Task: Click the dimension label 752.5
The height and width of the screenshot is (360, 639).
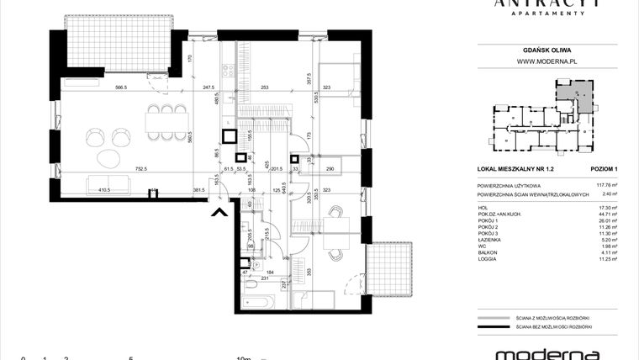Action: click(139, 169)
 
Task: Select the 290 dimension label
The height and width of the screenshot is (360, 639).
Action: click(330, 169)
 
